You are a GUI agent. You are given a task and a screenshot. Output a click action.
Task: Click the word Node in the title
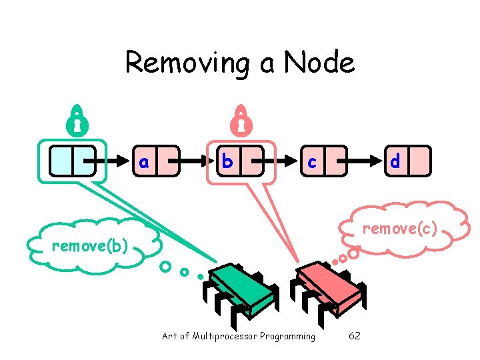(x=319, y=63)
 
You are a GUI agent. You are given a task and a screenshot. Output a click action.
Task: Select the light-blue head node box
(x=73, y=161)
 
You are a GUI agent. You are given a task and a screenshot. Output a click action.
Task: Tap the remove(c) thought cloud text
(x=399, y=229)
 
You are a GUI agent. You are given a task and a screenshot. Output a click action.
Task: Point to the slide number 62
(x=355, y=336)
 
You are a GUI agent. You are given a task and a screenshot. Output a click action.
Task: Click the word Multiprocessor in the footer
(x=227, y=336)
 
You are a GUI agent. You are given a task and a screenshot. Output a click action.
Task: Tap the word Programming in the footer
(x=287, y=336)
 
